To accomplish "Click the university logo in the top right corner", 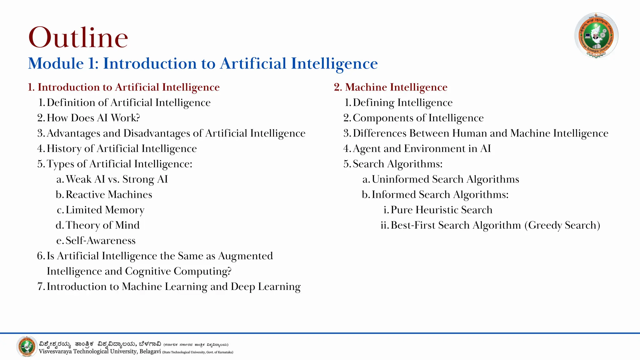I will [596, 35].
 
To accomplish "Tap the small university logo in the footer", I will [27, 347].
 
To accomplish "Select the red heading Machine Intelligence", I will [396, 87].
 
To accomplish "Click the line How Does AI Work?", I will [93, 118].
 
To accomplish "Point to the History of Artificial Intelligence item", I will [122, 148].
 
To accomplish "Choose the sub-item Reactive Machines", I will [109, 194].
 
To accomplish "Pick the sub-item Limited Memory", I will [105, 210].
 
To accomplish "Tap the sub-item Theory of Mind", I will [102, 225].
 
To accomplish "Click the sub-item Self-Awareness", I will [100, 240].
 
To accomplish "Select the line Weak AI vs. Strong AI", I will [117, 179].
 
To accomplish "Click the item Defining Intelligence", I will [402, 102].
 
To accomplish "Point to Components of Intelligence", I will [418, 118].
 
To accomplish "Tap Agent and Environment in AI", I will [422, 148].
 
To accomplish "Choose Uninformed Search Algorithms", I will [445, 179].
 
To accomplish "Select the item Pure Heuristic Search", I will [441, 210].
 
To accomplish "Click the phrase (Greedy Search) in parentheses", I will [562, 225].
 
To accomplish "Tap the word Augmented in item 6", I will [245, 256].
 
